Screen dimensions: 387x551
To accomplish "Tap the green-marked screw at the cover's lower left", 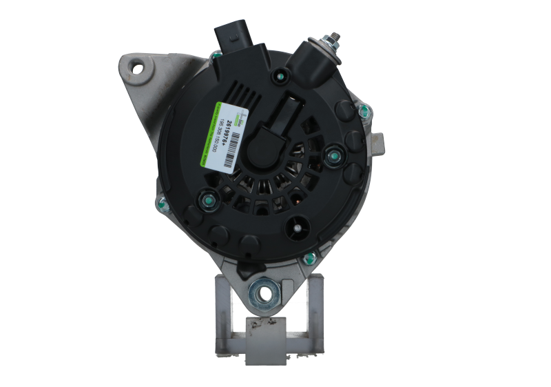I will pyautogui.click(x=205, y=201).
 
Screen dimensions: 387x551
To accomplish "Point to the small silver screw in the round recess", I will pyautogui.click(x=297, y=225).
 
